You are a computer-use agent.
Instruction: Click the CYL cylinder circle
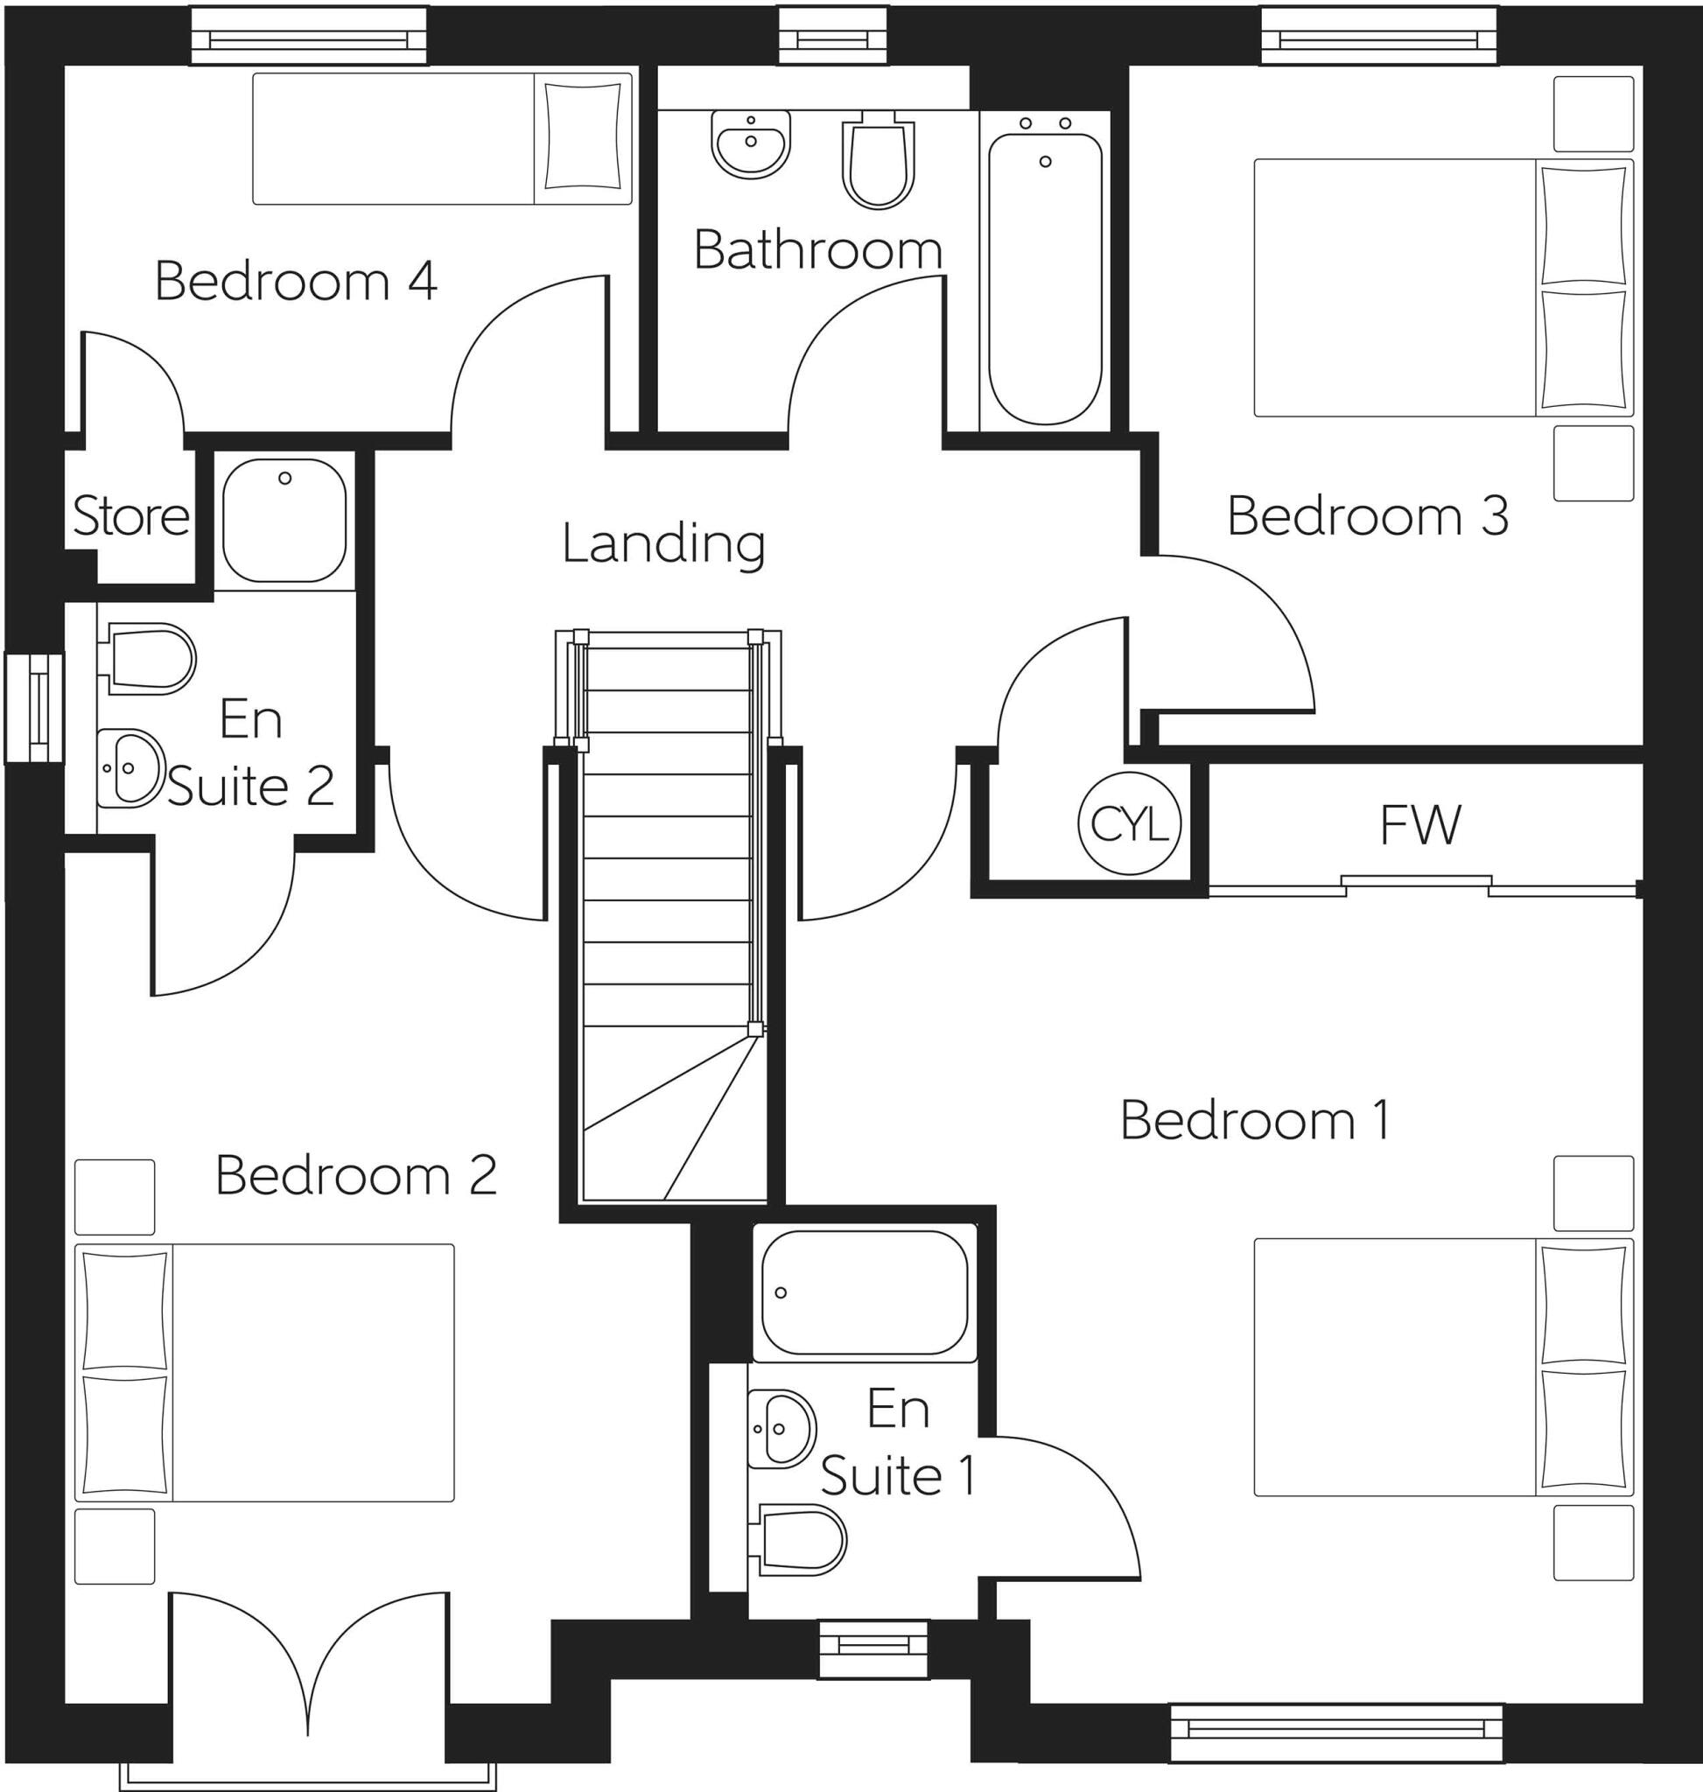1129,824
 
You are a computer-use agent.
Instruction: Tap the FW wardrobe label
1419,824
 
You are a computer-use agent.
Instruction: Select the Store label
130,515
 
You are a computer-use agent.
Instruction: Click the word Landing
663,543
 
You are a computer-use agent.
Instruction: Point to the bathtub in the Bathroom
1045,276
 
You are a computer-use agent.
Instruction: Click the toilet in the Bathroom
877,161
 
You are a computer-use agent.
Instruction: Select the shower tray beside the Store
284,520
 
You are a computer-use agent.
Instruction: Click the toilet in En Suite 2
151,658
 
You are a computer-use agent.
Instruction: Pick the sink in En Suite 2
130,768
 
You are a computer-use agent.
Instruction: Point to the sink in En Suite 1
781,1429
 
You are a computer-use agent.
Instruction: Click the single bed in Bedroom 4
442,139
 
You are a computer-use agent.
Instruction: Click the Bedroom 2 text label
356,1176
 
